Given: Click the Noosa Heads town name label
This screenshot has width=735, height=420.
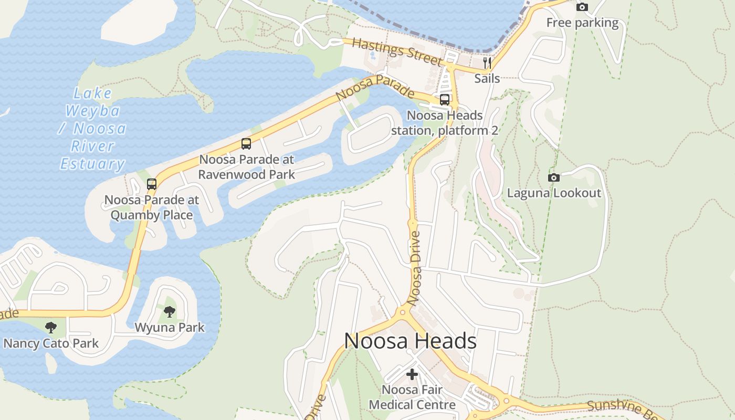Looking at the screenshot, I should point(410,341).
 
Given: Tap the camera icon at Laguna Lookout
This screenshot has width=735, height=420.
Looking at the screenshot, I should point(553,177).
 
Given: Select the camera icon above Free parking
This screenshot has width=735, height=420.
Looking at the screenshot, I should point(582,7).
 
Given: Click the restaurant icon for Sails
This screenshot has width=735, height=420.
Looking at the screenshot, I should point(487,63).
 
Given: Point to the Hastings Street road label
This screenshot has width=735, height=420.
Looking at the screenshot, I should point(397,51).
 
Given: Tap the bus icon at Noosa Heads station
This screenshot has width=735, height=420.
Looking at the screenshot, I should point(445,99).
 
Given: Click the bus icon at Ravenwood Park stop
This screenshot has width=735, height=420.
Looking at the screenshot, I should point(246,143).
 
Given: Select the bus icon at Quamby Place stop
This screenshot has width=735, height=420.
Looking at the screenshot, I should point(152,184).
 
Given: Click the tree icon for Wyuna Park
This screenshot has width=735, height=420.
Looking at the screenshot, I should point(169,312).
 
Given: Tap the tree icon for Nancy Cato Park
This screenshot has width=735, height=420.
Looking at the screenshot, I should point(50,328).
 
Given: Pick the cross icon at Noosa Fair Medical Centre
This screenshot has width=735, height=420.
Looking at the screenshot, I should point(412,374).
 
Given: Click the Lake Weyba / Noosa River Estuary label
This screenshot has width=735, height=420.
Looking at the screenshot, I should point(92,129).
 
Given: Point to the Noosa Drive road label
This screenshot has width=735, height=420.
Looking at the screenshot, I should point(415,268).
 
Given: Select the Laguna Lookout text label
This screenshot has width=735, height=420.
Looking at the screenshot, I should point(554,193).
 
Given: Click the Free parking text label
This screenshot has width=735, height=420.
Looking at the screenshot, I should point(582,23).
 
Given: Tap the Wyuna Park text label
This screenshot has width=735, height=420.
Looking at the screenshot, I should point(169,328).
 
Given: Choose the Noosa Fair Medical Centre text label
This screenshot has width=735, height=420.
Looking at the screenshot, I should point(412,397).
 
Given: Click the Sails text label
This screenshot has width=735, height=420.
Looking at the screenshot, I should point(487,79).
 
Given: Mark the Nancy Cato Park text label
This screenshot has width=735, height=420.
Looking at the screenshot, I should point(51,343).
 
